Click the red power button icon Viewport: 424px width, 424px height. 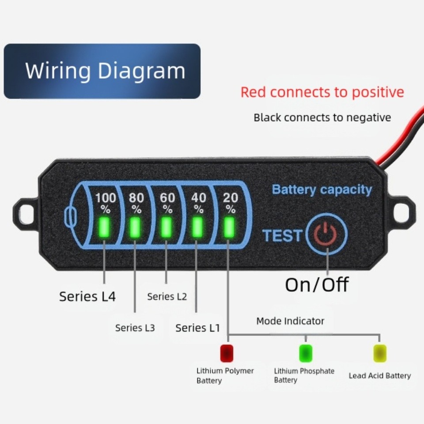[x=327, y=234]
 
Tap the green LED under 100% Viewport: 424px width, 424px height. [x=105, y=227]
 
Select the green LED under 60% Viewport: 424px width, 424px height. [x=167, y=227]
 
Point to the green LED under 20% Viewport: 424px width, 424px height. [x=229, y=227]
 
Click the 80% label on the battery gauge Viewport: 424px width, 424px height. [x=136, y=202]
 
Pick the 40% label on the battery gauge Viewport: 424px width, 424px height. [x=199, y=202]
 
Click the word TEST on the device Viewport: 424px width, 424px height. [x=282, y=235]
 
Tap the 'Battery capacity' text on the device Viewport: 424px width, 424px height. [x=322, y=189]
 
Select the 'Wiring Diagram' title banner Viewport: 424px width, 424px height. [x=102, y=71]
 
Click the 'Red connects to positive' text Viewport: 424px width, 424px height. [x=322, y=92]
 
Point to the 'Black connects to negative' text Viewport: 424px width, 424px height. [x=322, y=117]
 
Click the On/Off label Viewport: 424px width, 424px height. [x=317, y=285]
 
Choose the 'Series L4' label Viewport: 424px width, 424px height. [x=87, y=296]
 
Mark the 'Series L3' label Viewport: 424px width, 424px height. [x=135, y=328]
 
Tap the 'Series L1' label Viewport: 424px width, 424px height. [x=197, y=328]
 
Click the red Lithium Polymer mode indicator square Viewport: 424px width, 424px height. [x=227, y=353]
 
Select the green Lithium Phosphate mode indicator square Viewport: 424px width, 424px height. [x=306, y=353]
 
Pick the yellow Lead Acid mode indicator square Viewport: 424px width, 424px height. [x=380, y=353]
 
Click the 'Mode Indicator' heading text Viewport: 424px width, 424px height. [x=290, y=321]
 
